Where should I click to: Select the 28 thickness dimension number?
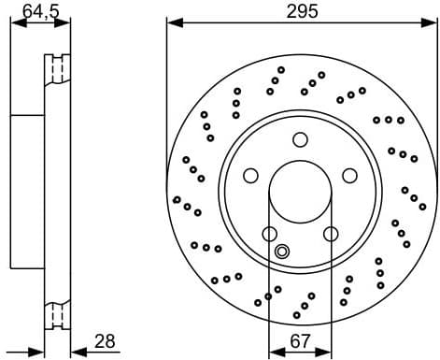(105, 341)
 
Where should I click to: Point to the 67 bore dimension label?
(300, 341)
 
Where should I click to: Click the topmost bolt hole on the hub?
(300, 140)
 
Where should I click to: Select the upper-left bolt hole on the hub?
(250, 176)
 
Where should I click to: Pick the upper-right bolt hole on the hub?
(349, 176)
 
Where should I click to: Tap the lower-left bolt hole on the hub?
(269, 234)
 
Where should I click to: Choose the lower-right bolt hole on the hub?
(331, 234)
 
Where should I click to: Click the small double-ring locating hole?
(283, 251)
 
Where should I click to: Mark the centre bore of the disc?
(300, 197)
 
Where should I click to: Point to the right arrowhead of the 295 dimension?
(428, 22)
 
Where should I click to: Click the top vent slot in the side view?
(59, 70)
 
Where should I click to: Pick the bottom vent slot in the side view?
(59, 315)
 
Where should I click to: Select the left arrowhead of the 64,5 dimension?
(14, 22)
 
